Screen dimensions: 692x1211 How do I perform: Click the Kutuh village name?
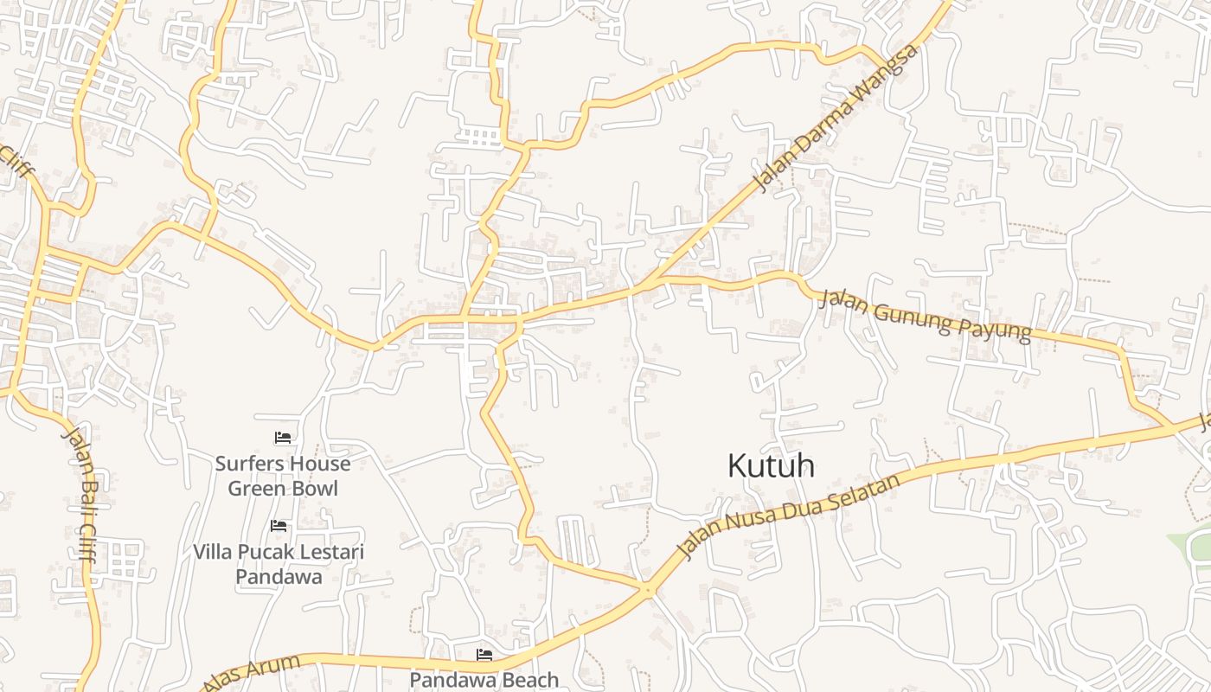pos(771,465)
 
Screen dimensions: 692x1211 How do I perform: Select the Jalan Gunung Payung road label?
pos(925,316)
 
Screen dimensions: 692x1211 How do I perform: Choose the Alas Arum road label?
pos(252,673)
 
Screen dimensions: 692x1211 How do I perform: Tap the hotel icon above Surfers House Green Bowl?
pos(282,439)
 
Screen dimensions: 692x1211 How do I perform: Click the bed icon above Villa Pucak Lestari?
pos(278,526)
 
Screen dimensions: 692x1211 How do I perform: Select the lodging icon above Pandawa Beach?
pos(484,656)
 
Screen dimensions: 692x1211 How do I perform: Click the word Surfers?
pos(247,464)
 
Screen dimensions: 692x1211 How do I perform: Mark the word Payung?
pos(995,327)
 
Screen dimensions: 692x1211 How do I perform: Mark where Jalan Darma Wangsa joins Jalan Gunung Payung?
pos(662,279)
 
